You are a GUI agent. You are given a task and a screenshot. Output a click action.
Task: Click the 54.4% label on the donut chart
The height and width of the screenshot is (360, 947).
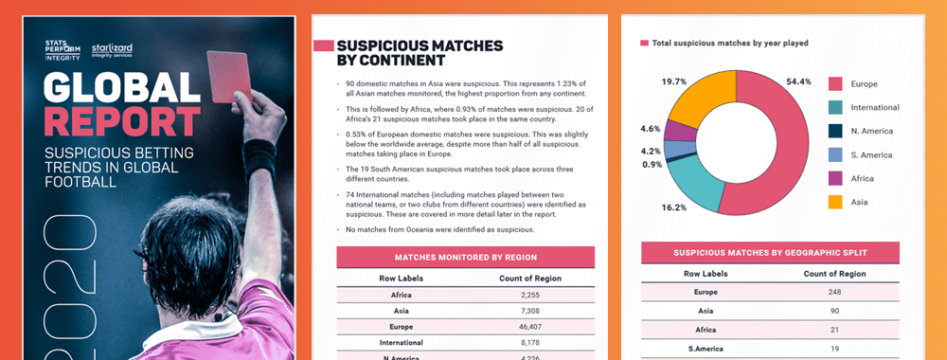click(799, 81)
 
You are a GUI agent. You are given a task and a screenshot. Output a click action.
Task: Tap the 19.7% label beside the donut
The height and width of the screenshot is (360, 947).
click(673, 81)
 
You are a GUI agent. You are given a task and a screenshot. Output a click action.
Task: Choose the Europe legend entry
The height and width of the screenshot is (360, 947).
click(863, 83)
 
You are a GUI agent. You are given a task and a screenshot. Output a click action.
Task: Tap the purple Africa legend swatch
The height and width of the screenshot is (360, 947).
click(835, 177)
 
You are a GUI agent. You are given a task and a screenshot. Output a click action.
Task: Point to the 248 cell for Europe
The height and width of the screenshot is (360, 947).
click(834, 292)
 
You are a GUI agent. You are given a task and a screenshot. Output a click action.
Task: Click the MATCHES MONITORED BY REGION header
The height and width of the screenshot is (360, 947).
click(465, 256)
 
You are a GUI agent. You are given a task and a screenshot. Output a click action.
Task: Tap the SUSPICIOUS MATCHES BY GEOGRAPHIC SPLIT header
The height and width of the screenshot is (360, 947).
click(770, 253)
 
